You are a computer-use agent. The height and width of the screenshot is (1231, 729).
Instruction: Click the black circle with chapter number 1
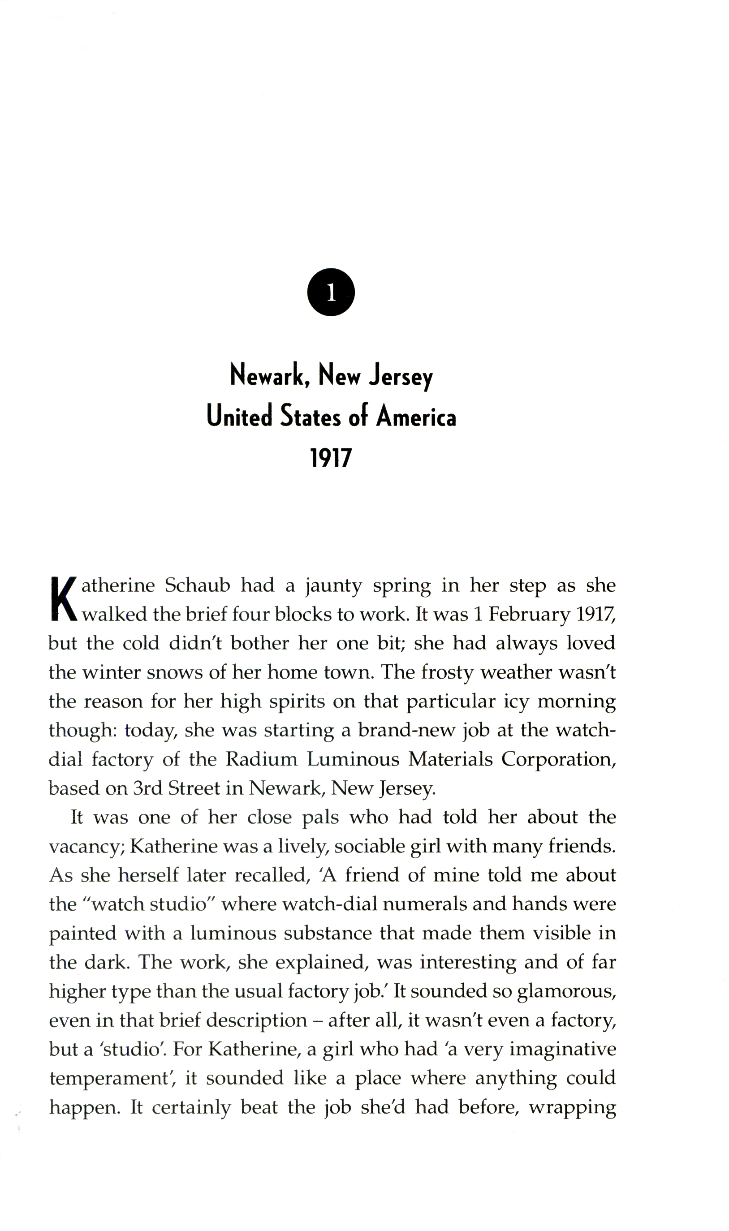pos(331,292)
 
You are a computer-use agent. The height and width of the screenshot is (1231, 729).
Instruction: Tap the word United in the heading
pos(239,417)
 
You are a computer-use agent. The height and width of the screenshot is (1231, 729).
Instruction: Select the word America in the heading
pos(416,417)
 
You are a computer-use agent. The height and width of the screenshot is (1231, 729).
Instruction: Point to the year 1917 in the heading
pos(331,458)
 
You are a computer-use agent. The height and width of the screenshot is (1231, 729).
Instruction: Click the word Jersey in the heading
pos(401,377)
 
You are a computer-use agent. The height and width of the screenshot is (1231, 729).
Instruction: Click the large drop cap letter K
pos(64,599)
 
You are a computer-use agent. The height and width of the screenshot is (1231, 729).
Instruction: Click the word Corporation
pos(559,760)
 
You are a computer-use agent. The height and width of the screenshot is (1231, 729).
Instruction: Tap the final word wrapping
pos(572,1108)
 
